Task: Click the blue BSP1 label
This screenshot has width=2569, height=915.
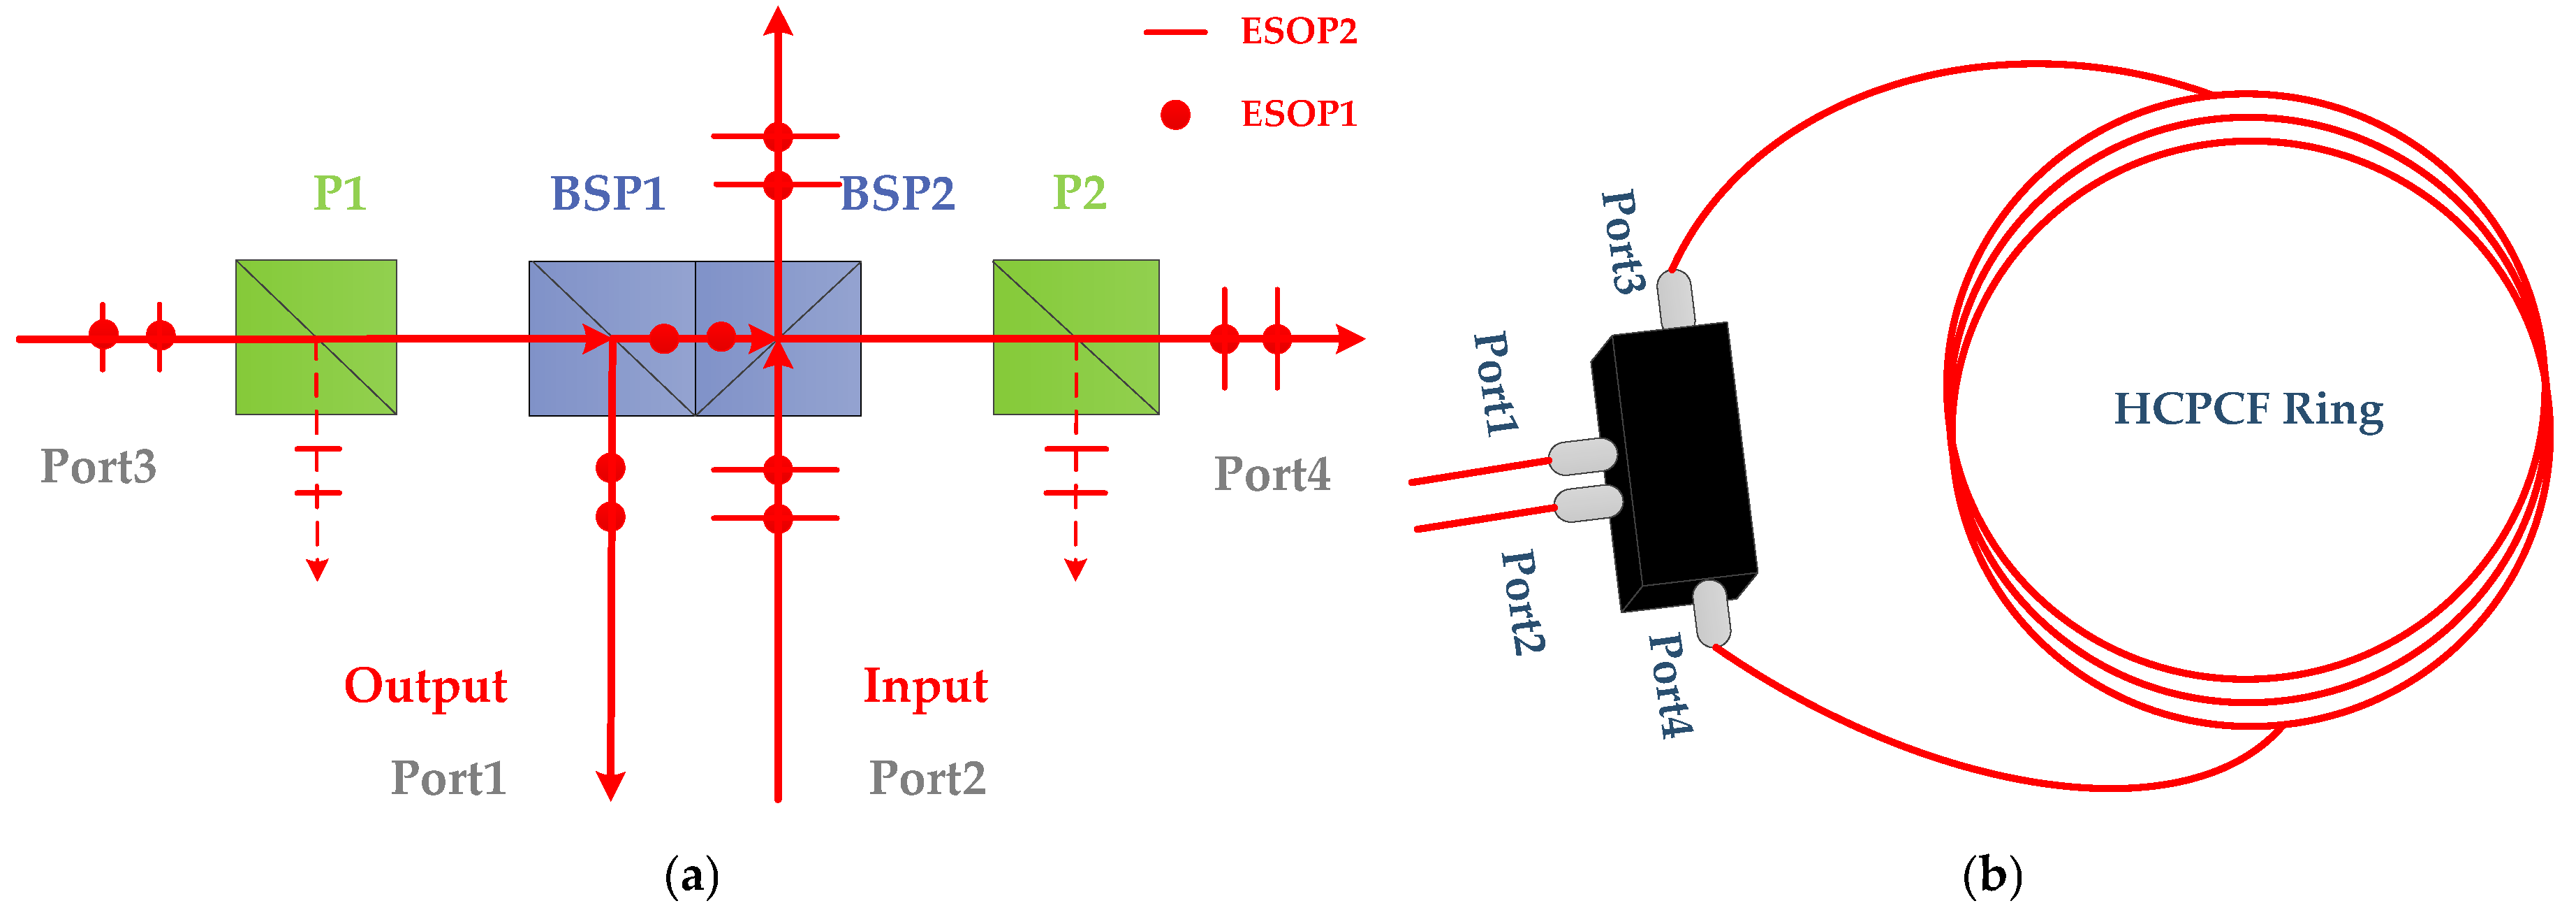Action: (608, 193)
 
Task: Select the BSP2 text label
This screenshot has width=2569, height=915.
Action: (897, 193)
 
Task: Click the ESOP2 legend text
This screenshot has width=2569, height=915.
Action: (1297, 31)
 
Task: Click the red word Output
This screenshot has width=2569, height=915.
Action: (426, 686)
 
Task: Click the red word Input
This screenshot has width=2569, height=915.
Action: (925, 686)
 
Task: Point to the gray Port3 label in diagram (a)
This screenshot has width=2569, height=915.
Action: (98, 466)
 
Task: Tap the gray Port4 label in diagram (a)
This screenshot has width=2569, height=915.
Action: (1272, 474)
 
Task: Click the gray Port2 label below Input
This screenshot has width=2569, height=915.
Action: (927, 777)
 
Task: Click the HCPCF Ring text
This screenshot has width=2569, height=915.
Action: (2248, 408)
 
